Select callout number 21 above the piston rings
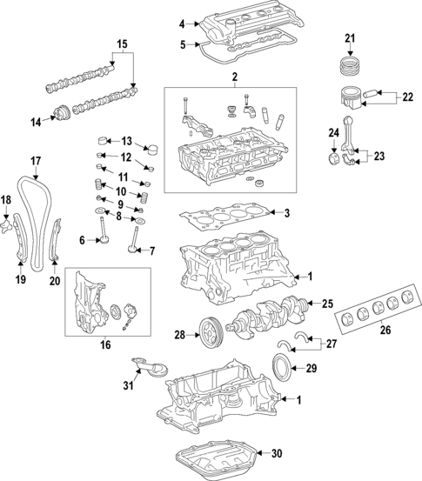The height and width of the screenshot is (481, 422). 350,37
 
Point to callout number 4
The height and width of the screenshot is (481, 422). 182,23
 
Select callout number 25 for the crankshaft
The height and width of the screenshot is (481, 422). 327,304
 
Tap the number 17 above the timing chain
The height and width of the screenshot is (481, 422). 36,160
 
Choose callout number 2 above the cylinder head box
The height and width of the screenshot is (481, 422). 234,78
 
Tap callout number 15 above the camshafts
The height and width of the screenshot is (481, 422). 122,43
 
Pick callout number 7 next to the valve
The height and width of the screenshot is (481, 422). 150,251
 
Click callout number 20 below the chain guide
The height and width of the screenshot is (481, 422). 55,280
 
